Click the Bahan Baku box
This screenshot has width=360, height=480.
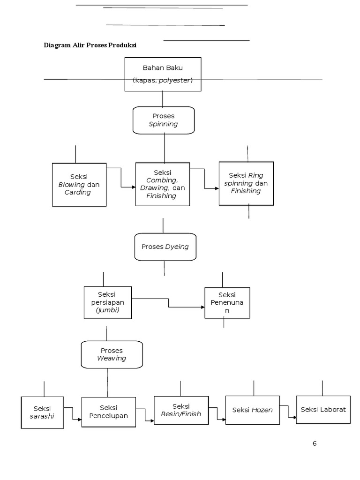pos(163,74)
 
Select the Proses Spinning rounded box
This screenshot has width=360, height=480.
pos(163,120)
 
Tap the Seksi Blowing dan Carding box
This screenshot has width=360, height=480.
pos(79,185)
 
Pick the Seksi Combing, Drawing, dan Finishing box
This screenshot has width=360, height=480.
pos(163,184)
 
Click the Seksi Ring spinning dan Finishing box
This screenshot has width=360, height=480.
pos(246,183)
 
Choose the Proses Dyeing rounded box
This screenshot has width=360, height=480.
pos(165,247)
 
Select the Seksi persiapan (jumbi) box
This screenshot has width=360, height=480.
pos(108,302)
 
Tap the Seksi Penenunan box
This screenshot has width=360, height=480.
pos(227,302)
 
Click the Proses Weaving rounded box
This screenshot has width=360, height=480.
pos(112,354)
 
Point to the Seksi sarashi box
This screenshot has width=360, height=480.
pos(42,412)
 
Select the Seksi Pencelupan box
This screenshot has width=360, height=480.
pos(108,412)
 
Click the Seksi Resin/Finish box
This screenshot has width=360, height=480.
pos(181,410)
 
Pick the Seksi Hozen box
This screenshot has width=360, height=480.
pos(252,410)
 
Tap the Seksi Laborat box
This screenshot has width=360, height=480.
pos(323,410)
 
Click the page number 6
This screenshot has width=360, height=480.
pos(315,443)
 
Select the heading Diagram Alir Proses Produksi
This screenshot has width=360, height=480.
pos(90,45)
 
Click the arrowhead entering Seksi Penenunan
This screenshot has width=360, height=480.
pos(202,307)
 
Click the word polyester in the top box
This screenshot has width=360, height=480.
pos(174,81)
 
